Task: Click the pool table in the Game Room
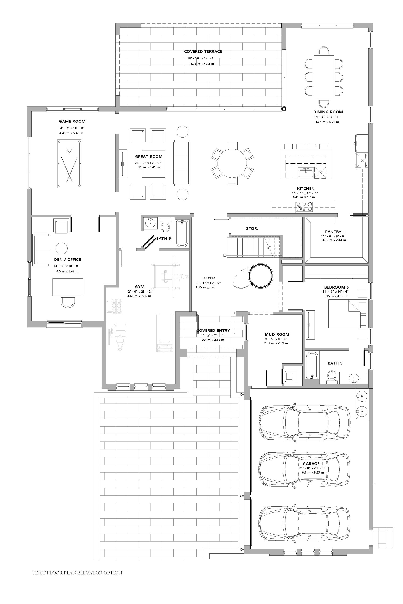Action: pos(69,164)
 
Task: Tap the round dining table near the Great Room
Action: pos(232,164)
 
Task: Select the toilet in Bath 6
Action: pos(165,224)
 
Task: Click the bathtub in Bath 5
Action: pos(312,365)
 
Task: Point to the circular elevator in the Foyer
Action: pos(260,275)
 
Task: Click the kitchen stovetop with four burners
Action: pos(304,206)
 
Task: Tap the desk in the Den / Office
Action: pos(68,287)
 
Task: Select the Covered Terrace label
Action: pos(203,52)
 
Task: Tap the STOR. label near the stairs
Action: pos(252,229)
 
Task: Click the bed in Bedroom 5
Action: pos(348,314)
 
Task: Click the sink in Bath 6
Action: pos(150,223)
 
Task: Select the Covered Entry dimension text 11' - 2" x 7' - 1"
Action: pos(211,335)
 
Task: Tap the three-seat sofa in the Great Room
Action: pos(182,163)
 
